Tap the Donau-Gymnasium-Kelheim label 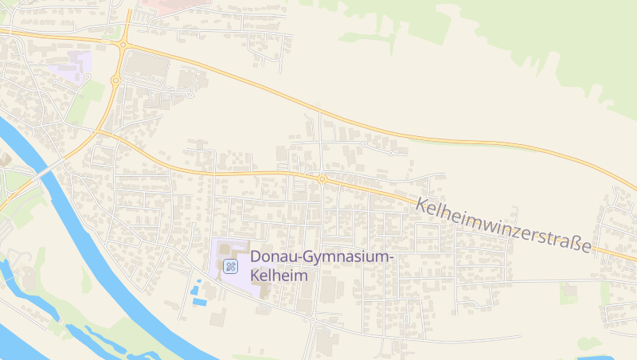click(x=322, y=266)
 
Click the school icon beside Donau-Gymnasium click(x=231, y=266)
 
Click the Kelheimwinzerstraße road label click(x=505, y=225)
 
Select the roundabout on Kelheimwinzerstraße click(x=322, y=179)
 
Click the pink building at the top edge click(x=171, y=3)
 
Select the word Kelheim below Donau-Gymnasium click(x=279, y=276)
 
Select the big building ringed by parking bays click(x=148, y=64)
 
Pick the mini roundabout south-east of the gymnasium click(x=314, y=317)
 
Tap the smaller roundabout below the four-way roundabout click(x=115, y=80)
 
